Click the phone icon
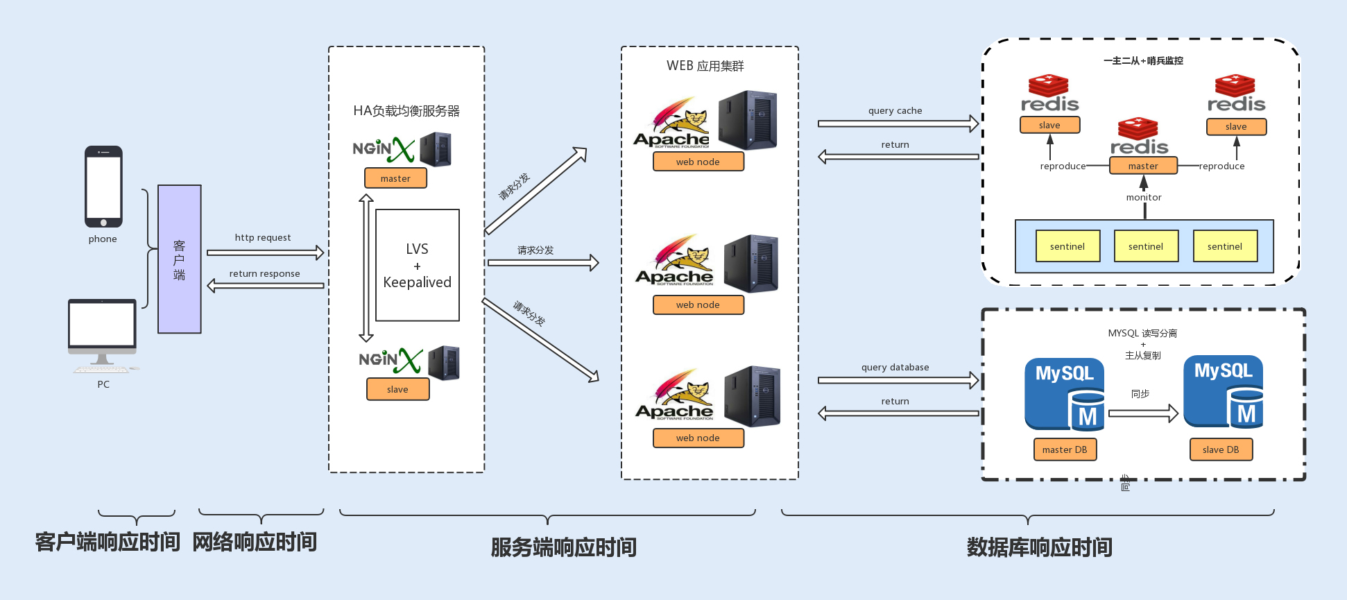tap(103, 186)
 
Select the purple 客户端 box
tap(180, 259)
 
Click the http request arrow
tap(265, 252)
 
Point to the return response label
tap(264, 273)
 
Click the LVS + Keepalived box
tap(417, 265)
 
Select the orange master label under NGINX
tap(395, 178)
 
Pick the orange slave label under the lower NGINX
tap(397, 389)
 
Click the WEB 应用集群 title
tap(705, 66)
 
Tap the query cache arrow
tap(898, 123)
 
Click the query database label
tap(895, 367)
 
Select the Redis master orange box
tap(1143, 166)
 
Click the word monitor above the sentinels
tap(1143, 197)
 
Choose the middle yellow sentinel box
tap(1146, 246)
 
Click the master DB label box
tap(1065, 449)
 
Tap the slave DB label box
tap(1221, 449)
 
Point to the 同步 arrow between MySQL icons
tap(1142, 413)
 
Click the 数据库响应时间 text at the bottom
tap(1039, 547)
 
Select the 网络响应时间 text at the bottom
tap(255, 542)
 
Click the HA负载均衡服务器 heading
tap(406, 111)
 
